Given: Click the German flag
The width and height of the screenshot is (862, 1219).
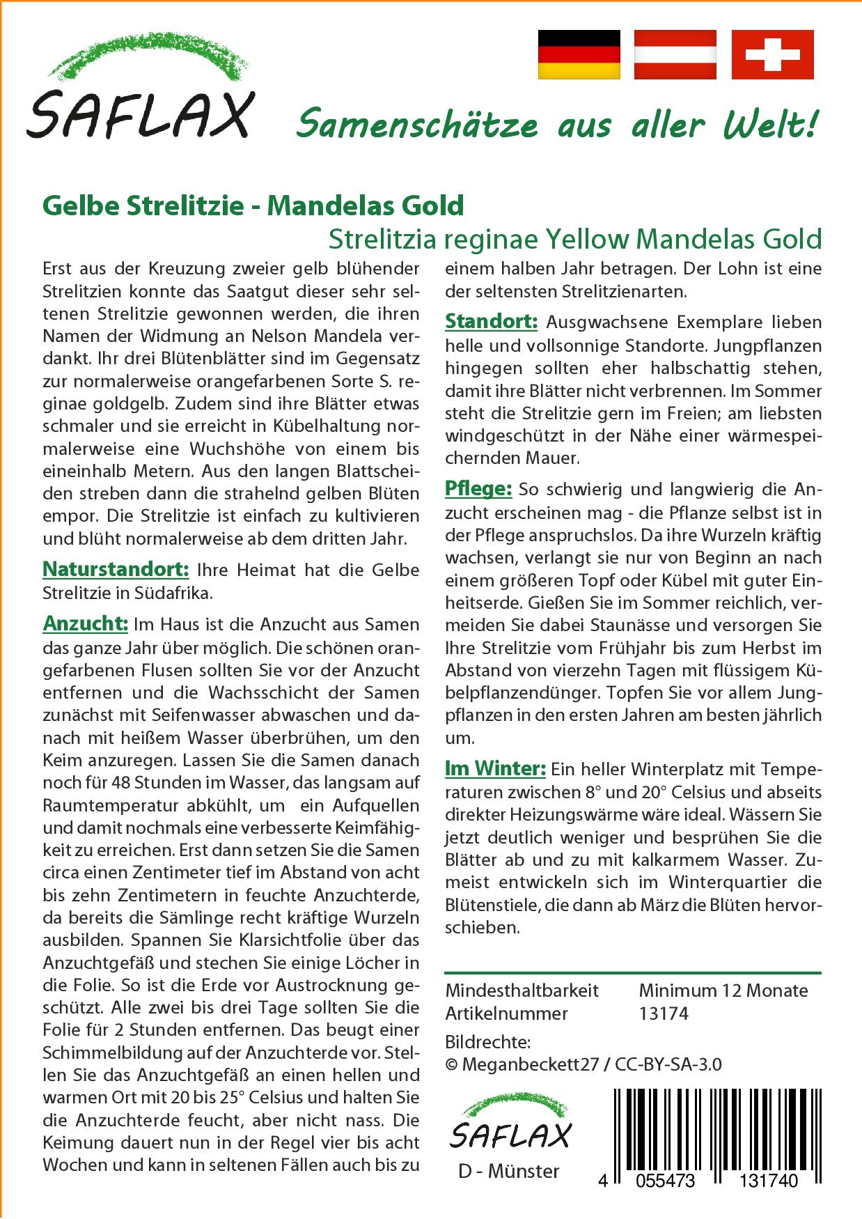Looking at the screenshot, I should pos(579,54).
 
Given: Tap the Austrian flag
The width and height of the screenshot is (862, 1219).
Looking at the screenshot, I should pos(675,54).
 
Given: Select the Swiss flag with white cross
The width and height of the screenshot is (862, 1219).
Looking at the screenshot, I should pos(772,54).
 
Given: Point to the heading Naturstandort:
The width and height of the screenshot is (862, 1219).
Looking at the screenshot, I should pos(116,569).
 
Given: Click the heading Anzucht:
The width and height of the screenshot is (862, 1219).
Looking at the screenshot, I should pos(85,623).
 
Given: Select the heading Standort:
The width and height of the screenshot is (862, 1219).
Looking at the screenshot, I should pos(491,321).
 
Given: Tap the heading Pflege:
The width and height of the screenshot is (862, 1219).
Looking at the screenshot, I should pos(478,489).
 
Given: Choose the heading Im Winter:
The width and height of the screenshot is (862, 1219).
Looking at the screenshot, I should pos(495,768).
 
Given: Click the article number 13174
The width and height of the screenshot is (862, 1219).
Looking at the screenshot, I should pos(664,1014).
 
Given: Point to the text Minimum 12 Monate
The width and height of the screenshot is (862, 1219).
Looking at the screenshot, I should pos(723,991).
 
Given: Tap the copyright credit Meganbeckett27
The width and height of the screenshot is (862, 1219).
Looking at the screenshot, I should pos(530,1064).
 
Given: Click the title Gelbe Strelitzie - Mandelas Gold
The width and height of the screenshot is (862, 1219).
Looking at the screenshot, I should pos(253,205).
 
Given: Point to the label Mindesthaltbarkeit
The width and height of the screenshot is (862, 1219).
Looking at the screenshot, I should pos(522,991).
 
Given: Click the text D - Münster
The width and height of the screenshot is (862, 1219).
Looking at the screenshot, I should pos(508,1172).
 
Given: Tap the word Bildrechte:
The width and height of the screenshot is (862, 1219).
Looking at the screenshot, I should pos(487,1042).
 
